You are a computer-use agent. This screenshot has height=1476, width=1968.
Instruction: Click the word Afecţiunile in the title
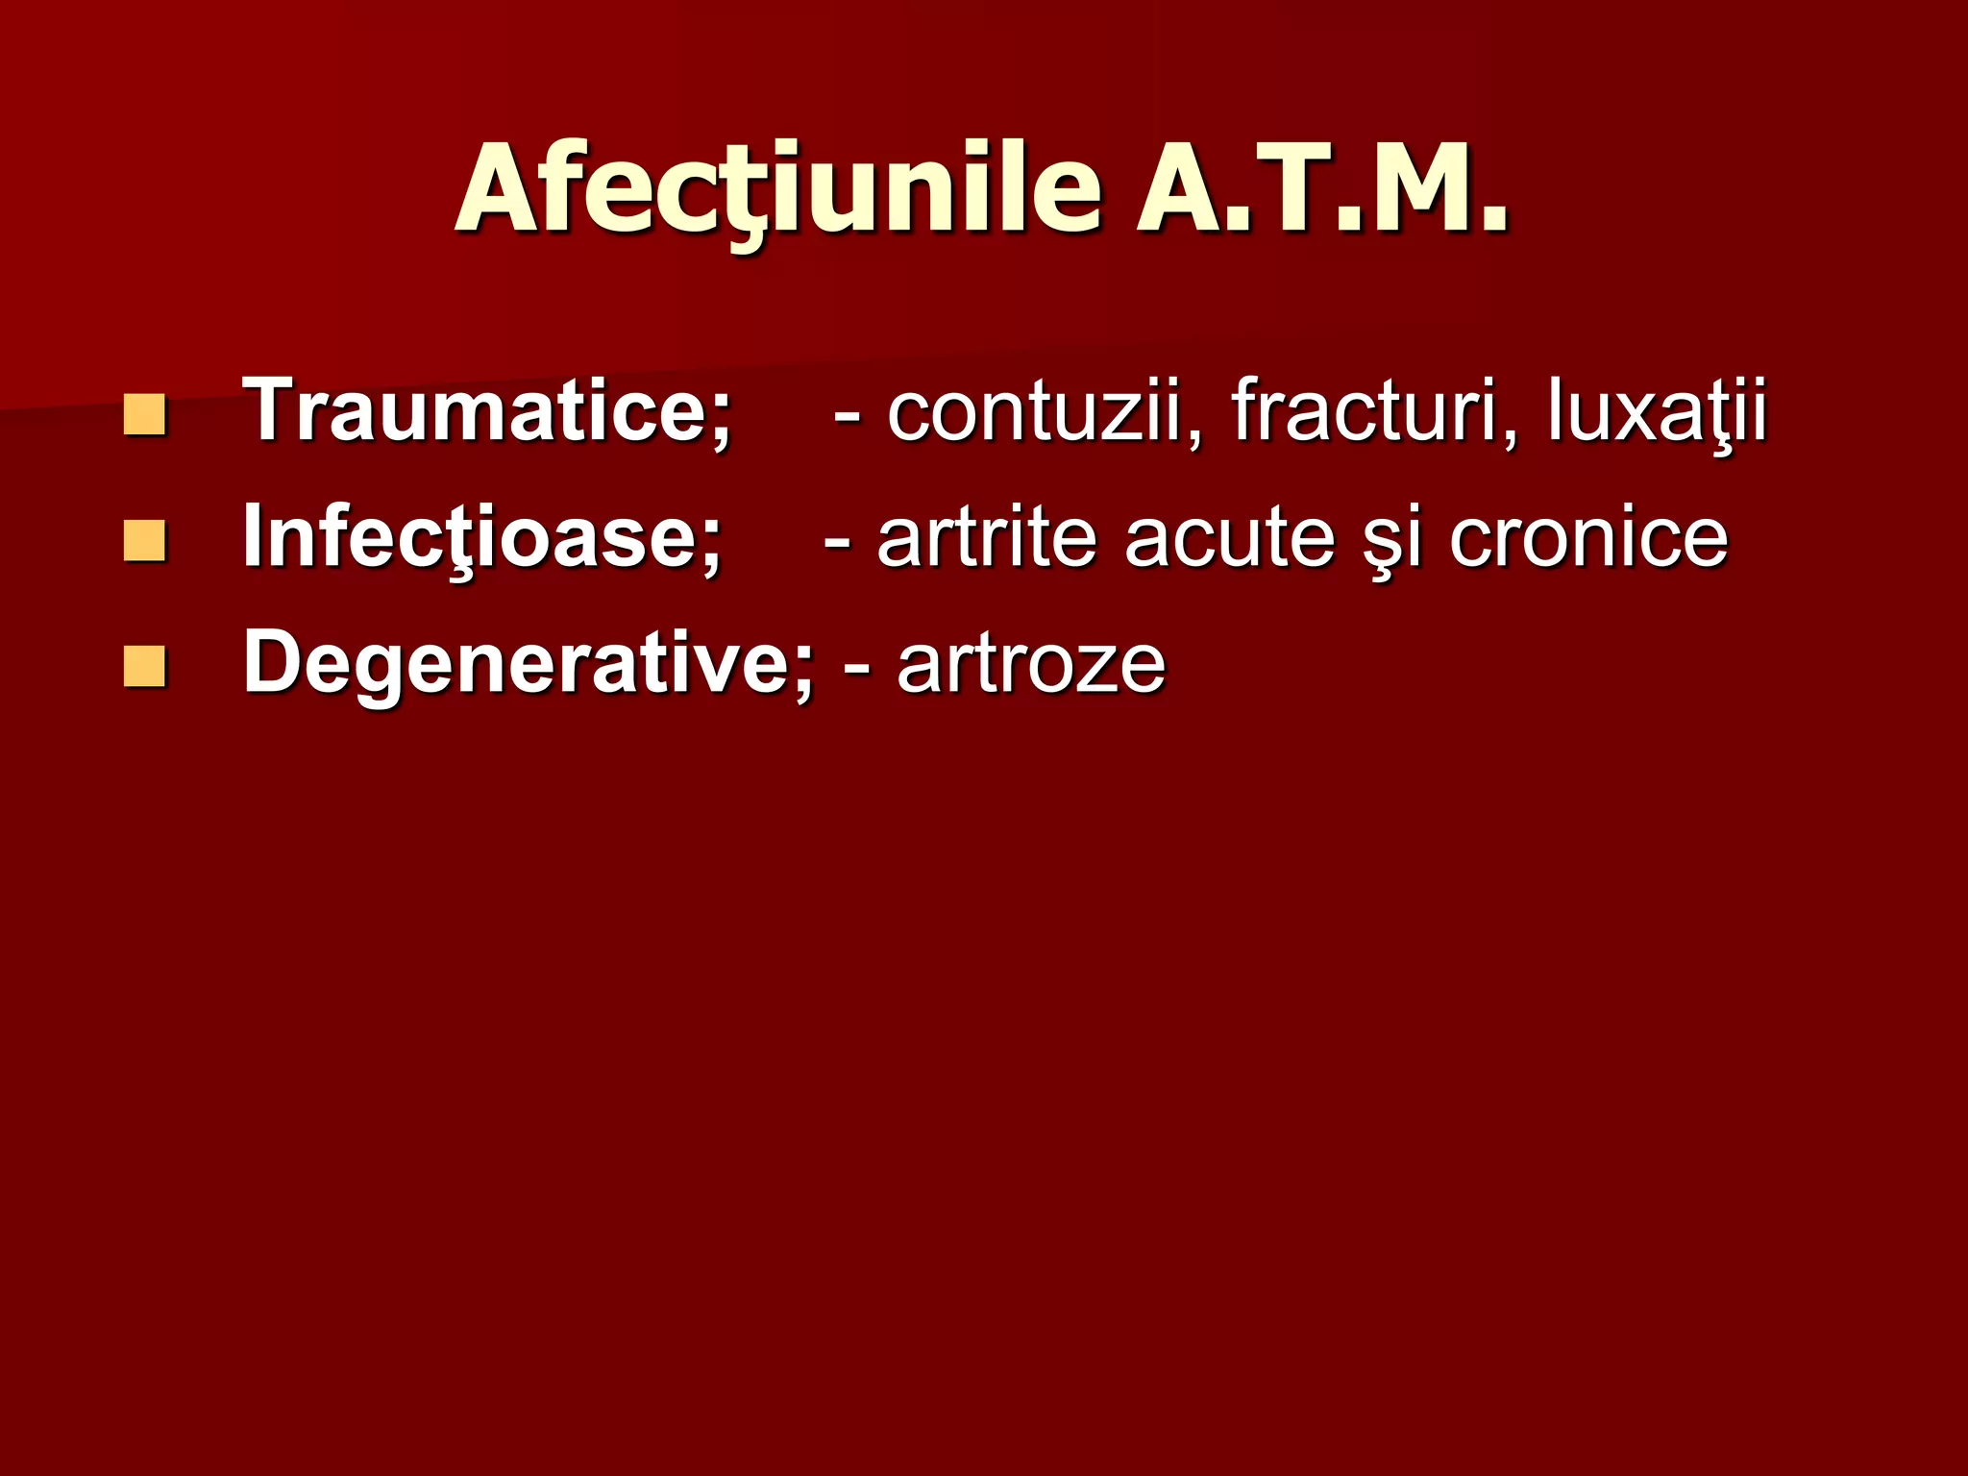(x=778, y=189)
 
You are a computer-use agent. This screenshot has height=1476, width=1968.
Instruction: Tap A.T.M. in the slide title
(x=1322, y=189)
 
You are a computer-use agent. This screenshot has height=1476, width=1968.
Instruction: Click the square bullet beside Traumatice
(x=144, y=415)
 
